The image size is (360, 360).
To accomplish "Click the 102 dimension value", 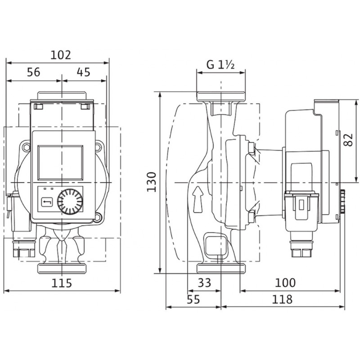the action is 61,55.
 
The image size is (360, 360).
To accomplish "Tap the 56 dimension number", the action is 33,72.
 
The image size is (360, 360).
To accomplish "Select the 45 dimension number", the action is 84,72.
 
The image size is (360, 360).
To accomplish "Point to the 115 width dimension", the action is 62,283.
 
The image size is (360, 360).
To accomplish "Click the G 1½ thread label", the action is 220,64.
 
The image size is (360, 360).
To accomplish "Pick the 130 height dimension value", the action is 152,182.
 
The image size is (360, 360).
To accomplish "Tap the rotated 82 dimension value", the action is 348,139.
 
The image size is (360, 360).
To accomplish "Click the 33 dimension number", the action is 204,283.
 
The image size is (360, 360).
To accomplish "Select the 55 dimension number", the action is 193,299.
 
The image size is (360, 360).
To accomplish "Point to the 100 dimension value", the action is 285,283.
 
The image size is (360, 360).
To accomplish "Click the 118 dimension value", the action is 282,299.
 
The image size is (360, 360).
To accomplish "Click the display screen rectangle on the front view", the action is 60,162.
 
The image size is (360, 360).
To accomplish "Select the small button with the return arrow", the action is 47,202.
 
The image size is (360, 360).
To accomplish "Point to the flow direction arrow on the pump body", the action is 198,199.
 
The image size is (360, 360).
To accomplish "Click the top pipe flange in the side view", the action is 221,96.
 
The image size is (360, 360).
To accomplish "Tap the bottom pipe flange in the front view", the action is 62,269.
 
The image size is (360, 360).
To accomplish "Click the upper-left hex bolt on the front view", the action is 26,147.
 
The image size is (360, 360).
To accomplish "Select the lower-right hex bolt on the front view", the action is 98,217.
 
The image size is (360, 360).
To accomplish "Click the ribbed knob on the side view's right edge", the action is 343,201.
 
